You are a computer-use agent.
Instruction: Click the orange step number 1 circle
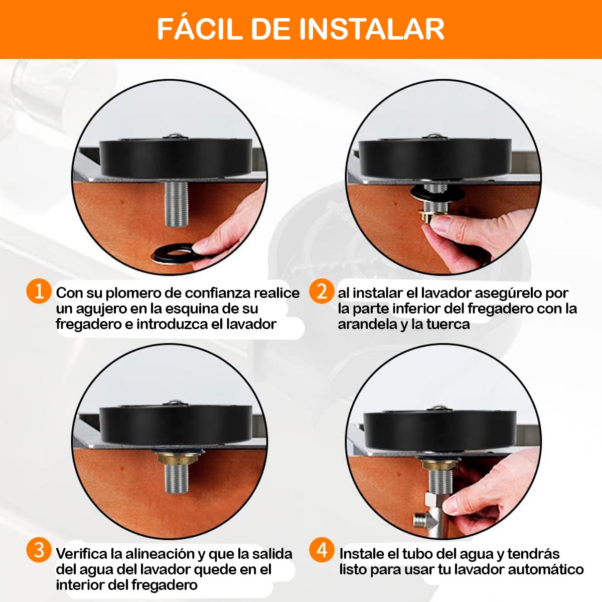point(39,291)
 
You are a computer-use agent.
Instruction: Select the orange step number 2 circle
point(322,291)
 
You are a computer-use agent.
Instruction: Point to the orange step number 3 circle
point(39,551)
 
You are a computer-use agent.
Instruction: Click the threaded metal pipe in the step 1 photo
point(176,204)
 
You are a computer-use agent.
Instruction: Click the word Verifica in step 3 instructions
point(82,554)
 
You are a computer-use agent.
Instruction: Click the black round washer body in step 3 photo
point(176,424)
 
